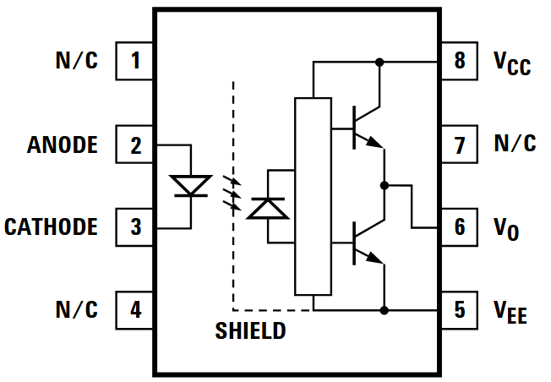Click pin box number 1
(135, 61)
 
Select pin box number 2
(135, 145)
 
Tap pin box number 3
(135, 227)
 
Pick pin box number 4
(135, 310)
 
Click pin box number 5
(459, 310)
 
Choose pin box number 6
(459, 227)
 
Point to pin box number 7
(459, 145)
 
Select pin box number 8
(459, 61)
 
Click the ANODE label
(63, 145)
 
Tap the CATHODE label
(51, 227)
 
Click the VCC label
(512, 63)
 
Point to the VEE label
(510, 312)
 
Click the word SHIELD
(250, 331)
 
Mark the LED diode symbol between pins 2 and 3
(188, 186)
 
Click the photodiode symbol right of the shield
(268, 207)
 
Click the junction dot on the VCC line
(379, 62)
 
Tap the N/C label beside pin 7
(515, 145)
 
